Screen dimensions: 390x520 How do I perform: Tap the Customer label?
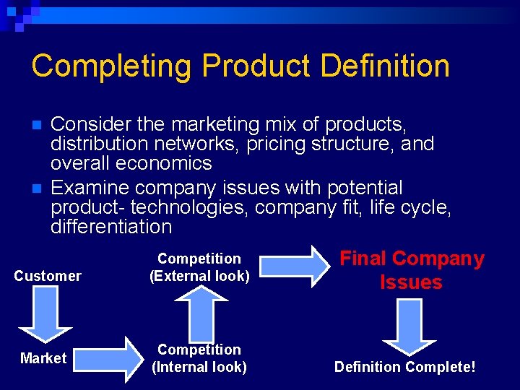pos(48,276)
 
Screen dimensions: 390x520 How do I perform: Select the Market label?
pos(43,358)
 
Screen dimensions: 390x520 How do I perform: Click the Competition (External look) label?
pos(199,266)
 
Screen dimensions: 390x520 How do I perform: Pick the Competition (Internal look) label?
pos(199,358)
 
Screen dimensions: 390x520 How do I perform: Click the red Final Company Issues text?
pos(412,270)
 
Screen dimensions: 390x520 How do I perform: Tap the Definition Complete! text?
pos(404,367)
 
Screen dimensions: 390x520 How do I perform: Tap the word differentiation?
pos(111,227)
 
